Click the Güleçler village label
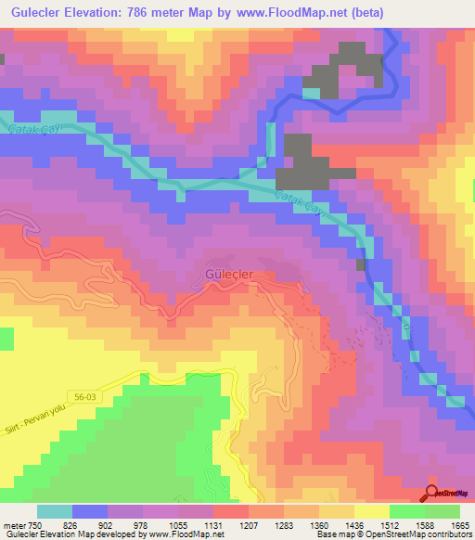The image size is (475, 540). [x=228, y=275]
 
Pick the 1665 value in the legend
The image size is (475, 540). [x=460, y=524]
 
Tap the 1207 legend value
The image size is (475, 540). [x=249, y=524]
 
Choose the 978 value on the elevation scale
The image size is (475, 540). [x=143, y=524]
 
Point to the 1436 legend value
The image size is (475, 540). [x=354, y=524]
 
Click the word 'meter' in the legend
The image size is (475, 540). [x=12, y=524]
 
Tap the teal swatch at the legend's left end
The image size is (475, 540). [x=54, y=511]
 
